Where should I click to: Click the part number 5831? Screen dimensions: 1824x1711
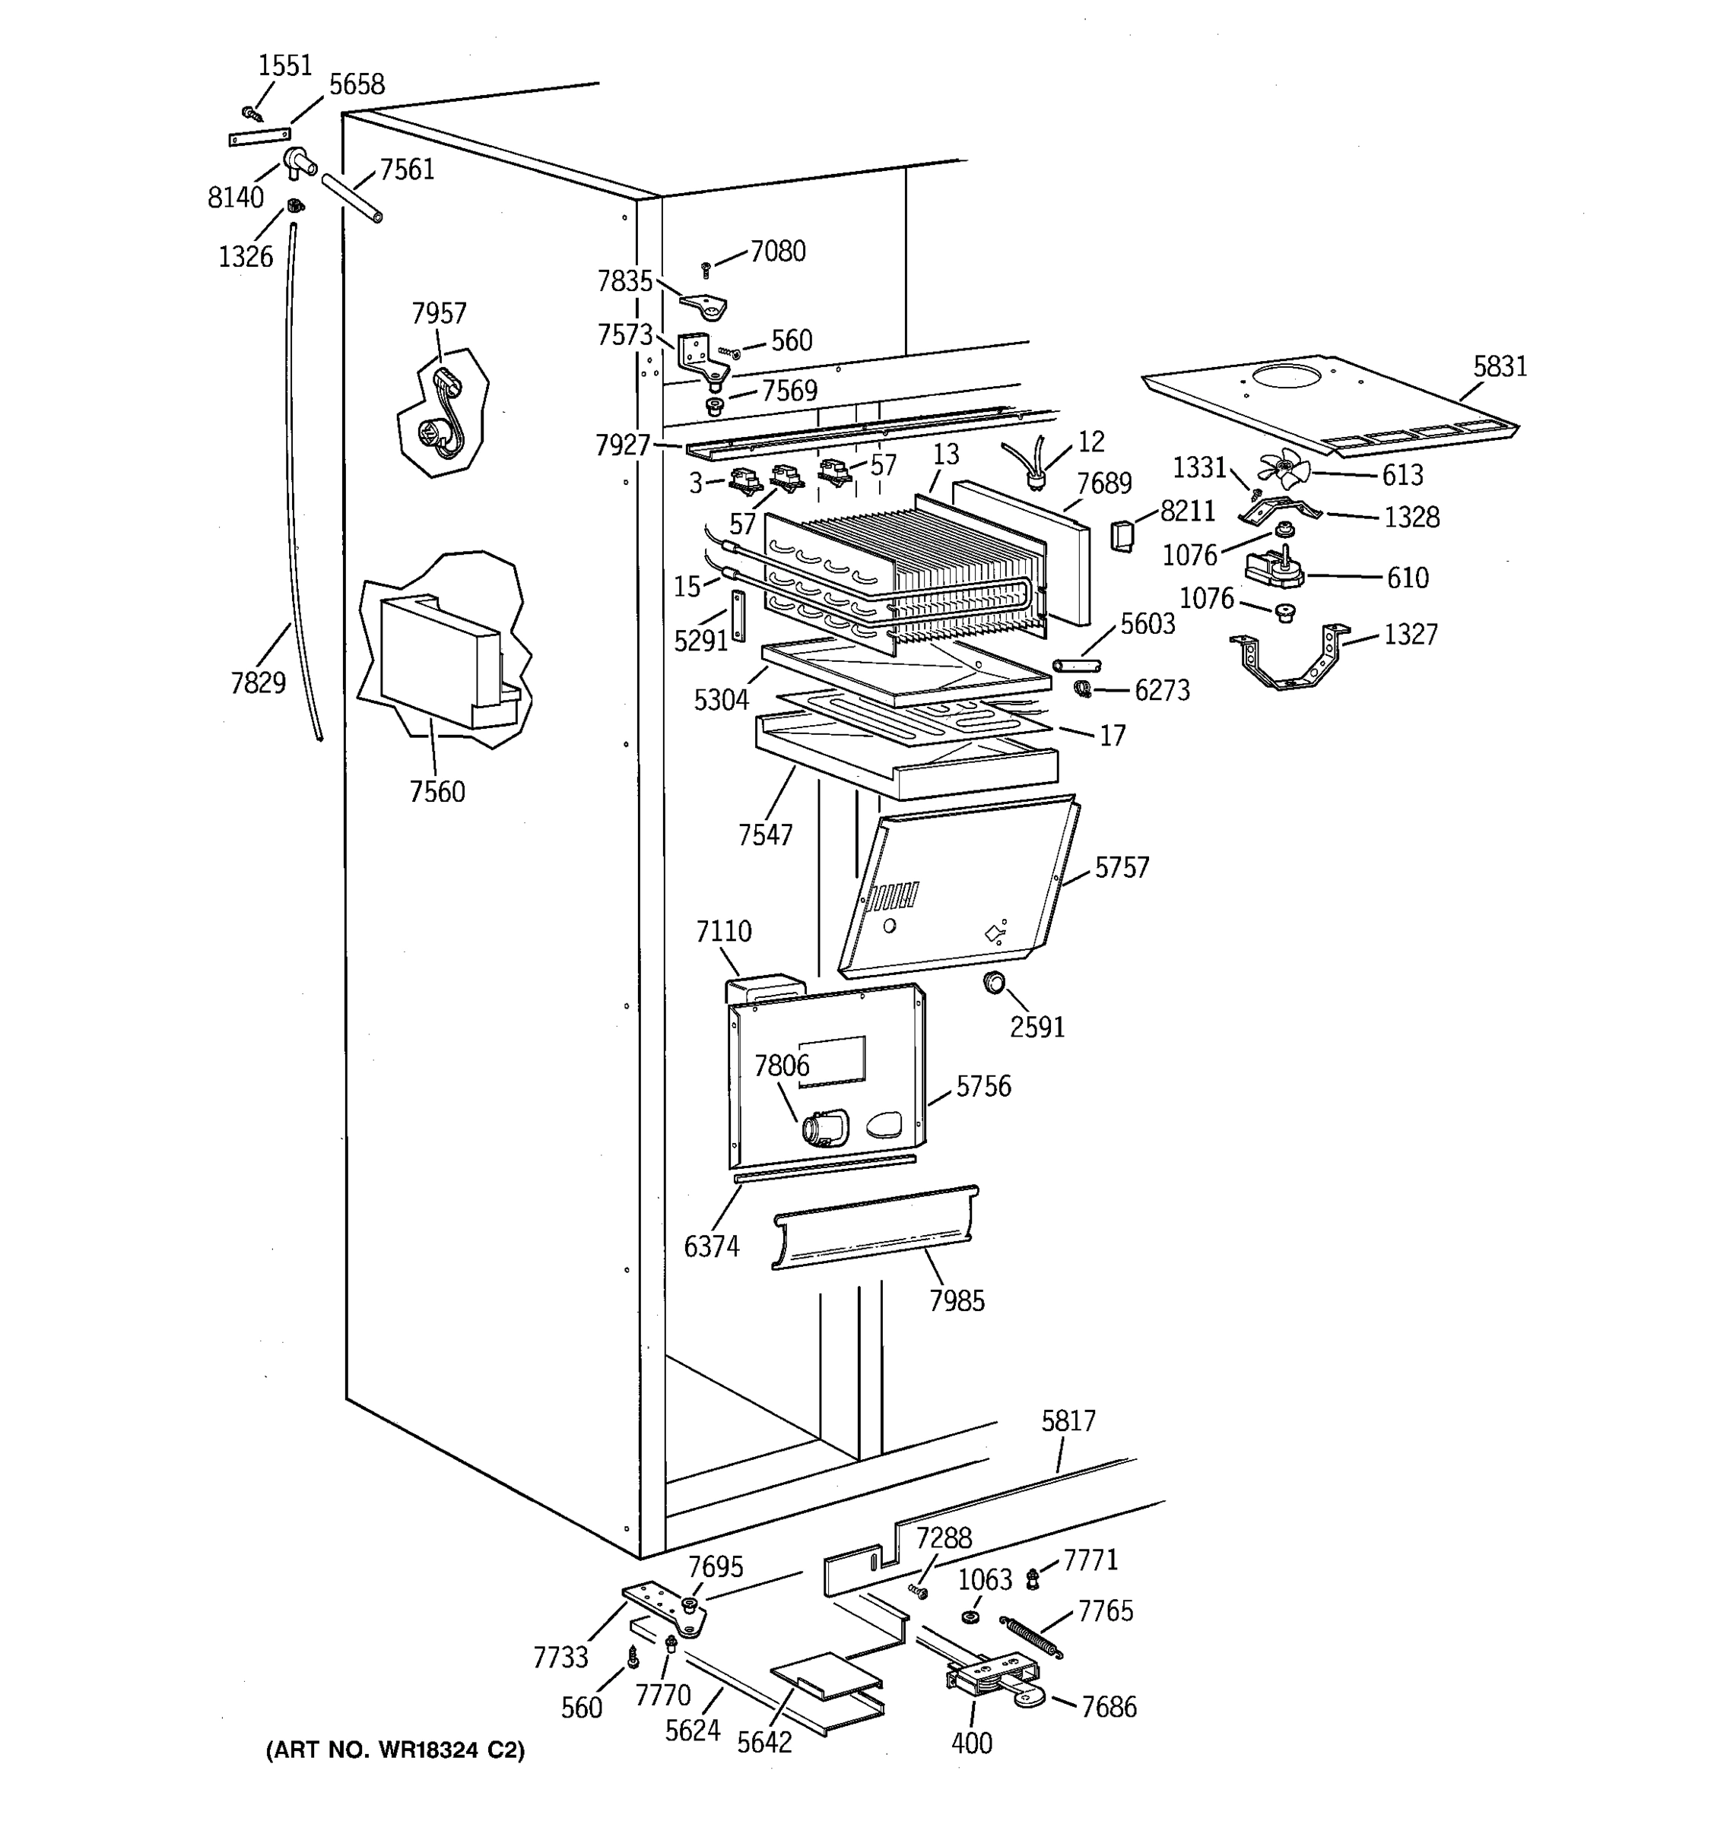tap(1500, 367)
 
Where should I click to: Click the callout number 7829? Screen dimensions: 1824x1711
tap(258, 682)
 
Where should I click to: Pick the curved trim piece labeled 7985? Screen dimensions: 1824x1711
tap(875, 1228)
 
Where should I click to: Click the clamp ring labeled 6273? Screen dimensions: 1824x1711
tap(1083, 688)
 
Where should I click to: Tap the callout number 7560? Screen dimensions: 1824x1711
tap(437, 791)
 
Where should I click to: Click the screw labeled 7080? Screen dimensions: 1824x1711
tap(706, 269)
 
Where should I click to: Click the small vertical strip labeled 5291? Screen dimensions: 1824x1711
tap(738, 615)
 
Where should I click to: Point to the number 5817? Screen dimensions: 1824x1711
tap(1068, 1421)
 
